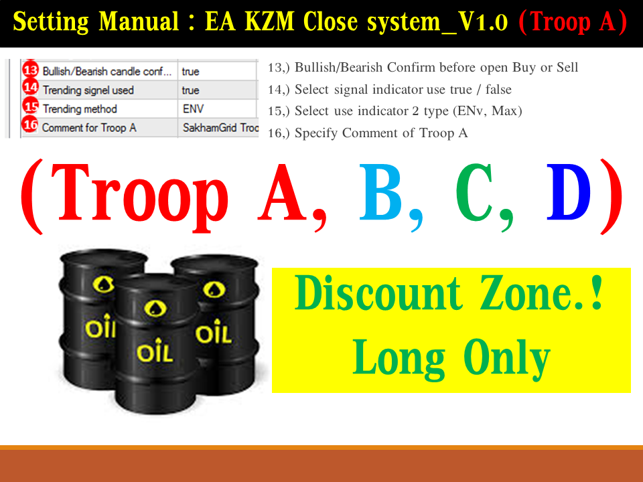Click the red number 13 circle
[30, 70]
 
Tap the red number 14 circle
[30, 88]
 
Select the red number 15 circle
[30, 106]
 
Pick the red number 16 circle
[30, 125]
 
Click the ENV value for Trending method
[193, 109]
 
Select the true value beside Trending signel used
[191, 90]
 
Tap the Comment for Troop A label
[89, 128]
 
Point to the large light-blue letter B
[380, 191]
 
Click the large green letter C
[474, 191]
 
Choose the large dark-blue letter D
[569, 191]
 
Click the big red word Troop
[139, 197]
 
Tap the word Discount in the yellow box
[378, 293]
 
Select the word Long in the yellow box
[399, 357]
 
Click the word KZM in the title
[269, 21]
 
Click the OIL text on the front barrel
[155, 351]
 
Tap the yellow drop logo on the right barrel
[214, 289]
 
